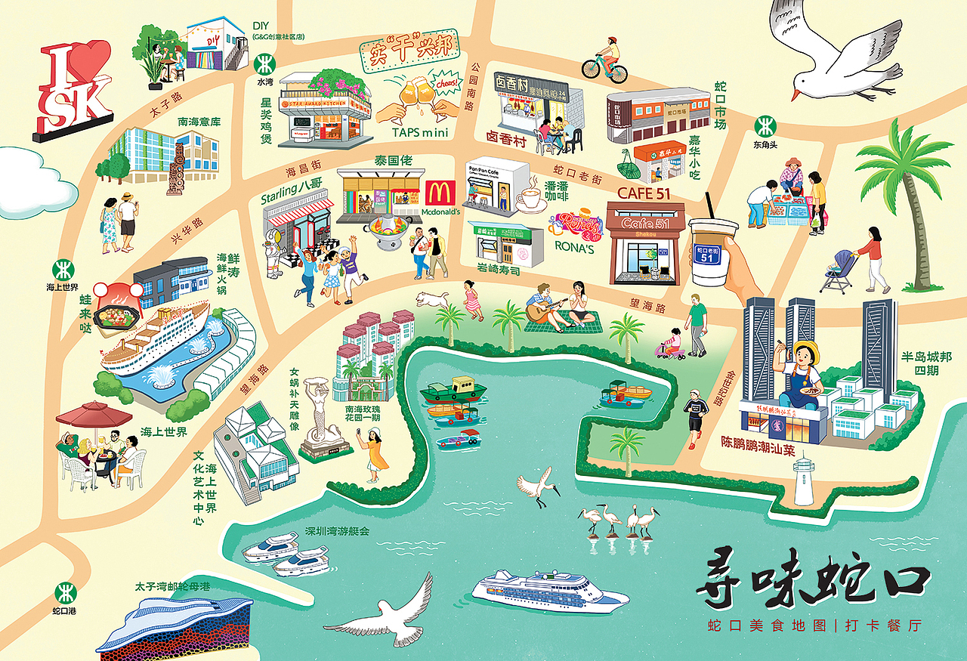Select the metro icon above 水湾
point(264,61)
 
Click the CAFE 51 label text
point(644,193)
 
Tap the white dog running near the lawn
point(431,298)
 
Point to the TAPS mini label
point(420,132)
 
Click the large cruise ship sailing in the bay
point(550,590)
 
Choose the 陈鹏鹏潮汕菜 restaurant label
point(758,450)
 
